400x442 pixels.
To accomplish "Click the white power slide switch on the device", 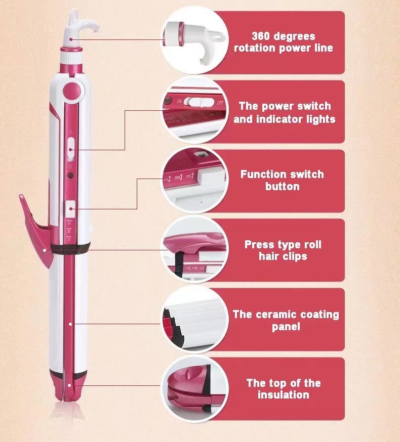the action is pyautogui.click(x=71, y=151).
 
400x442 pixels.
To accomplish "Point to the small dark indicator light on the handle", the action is pyautogui.click(x=71, y=175).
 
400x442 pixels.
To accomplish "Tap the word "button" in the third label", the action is pyautogui.click(x=283, y=187).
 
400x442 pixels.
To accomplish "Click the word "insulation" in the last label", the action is pyautogui.click(x=284, y=395).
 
